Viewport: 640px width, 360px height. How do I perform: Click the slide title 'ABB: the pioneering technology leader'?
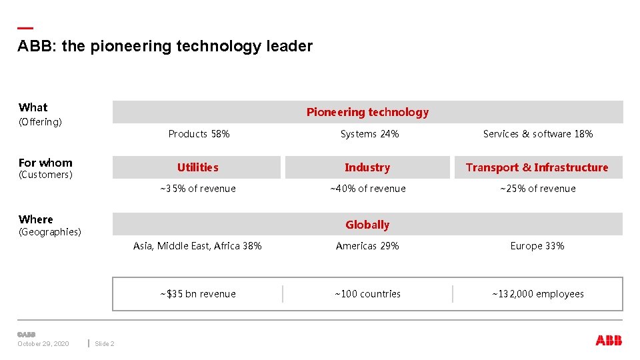165,47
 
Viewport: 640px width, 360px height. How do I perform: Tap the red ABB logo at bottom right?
608,341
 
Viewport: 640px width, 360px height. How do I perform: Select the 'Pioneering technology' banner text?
367,112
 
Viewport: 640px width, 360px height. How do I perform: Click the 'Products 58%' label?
199,134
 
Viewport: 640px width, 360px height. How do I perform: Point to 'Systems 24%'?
369,134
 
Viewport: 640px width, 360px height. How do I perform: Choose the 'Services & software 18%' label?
537,134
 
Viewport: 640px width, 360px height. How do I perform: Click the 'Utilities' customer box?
197,167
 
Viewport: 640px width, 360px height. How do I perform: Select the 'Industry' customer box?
367,167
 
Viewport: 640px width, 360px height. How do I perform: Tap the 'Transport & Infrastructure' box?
537,167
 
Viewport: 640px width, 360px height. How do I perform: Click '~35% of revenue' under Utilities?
197,189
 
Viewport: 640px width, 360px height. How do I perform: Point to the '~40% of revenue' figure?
367,189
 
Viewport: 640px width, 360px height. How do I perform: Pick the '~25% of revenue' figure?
537,189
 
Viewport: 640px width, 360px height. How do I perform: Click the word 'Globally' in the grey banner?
367,225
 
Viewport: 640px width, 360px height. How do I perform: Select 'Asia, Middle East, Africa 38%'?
197,246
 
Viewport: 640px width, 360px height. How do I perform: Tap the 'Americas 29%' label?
367,246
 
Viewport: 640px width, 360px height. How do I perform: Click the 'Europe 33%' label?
537,246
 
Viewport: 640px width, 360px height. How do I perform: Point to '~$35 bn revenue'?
197,294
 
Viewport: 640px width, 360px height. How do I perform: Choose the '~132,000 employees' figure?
537,294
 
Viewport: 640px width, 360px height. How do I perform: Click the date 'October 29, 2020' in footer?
43,344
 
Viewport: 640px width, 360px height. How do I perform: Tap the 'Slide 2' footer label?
105,344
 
